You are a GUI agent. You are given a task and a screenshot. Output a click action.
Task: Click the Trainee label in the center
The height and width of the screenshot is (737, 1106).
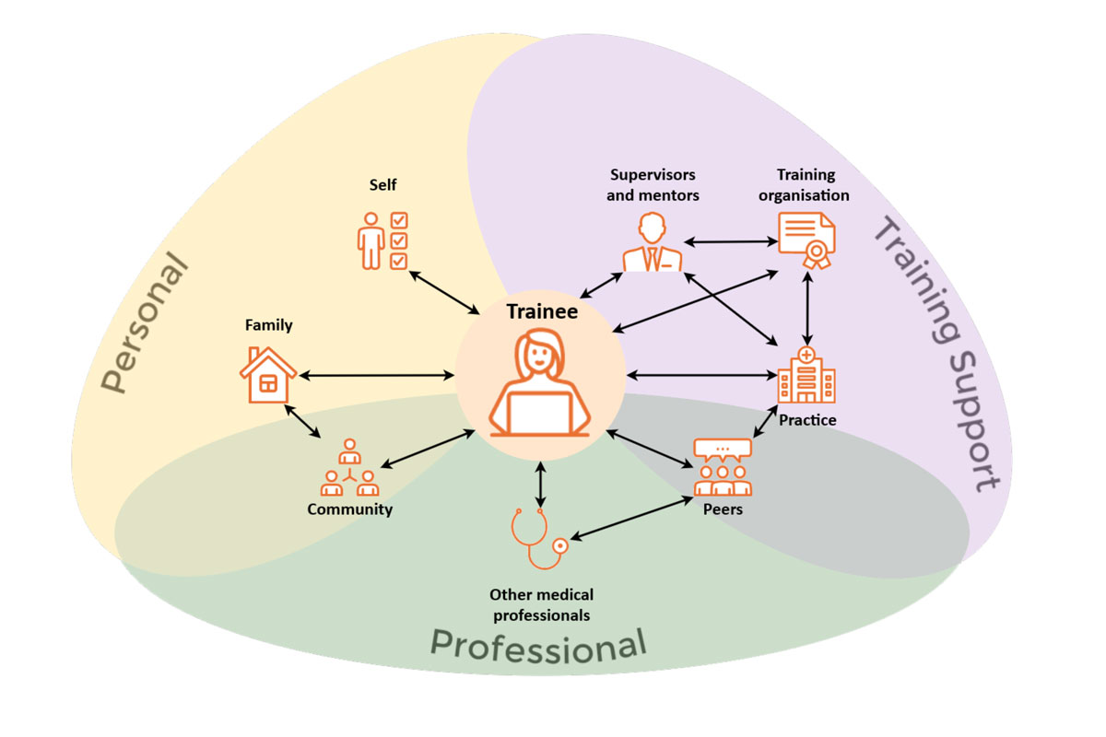coord(541,311)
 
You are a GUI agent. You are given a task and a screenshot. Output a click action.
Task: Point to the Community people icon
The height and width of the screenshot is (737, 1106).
coord(349,469)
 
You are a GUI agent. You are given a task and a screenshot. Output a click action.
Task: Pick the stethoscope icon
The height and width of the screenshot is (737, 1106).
coord(539,539)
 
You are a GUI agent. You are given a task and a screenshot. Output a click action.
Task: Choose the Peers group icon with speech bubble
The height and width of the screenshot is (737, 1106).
coord(722,468)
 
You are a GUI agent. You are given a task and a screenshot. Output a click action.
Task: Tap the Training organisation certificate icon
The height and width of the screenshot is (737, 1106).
coord(806,241)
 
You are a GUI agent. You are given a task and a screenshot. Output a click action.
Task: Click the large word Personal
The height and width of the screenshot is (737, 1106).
coord(144,328)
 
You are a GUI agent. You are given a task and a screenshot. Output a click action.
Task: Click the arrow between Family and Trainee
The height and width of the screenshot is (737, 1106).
coord(377,375)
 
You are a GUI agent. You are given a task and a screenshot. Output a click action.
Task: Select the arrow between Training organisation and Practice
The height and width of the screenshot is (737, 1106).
coord(808,308)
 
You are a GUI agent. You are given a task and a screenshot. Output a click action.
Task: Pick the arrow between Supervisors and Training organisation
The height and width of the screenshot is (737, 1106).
coord(731,242)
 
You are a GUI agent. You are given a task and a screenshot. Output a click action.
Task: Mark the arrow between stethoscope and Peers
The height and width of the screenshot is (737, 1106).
coord(632,519)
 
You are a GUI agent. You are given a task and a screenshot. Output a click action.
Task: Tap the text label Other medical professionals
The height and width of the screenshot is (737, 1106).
coord(541,604)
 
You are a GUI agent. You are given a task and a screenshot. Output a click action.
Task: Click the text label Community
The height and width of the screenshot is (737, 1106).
coord(350,509)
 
